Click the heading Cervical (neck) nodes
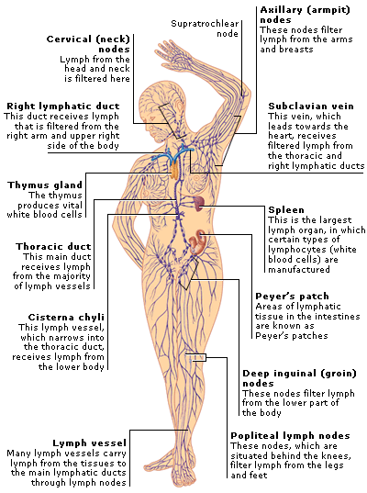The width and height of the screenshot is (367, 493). pos(88,44)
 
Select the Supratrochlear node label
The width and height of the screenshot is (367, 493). pos(205,28)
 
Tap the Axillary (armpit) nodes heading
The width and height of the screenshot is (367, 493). pos(305,15)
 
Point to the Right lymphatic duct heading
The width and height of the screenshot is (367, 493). pos(62,106)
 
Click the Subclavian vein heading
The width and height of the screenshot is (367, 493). pos(311,106)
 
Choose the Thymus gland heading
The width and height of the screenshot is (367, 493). pos(45,185)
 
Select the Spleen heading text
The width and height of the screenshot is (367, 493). pos(286,210)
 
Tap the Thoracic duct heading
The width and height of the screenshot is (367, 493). pos(53,246)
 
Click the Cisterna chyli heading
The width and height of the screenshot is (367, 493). pos(66,318)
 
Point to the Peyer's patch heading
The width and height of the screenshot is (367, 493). pos(292,297)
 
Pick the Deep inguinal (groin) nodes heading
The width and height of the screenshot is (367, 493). pos(299,378)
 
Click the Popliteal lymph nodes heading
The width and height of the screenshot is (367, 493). pos(290,436)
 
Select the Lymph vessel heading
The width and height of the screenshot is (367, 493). pos(89,443)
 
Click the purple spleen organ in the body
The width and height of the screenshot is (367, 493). pos(198,204)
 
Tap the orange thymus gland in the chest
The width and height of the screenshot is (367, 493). pos(174,170)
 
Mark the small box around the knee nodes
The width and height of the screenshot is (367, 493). pos(195,357)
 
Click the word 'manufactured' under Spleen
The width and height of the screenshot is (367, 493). pos(299,270)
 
